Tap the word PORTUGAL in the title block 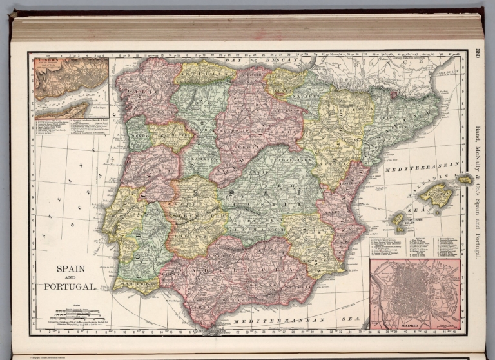pyautogui.click(x=70, y=286)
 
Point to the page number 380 pyautogui.click(x=478, y=55)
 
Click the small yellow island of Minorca pyautogui.click(x=464, y=179)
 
